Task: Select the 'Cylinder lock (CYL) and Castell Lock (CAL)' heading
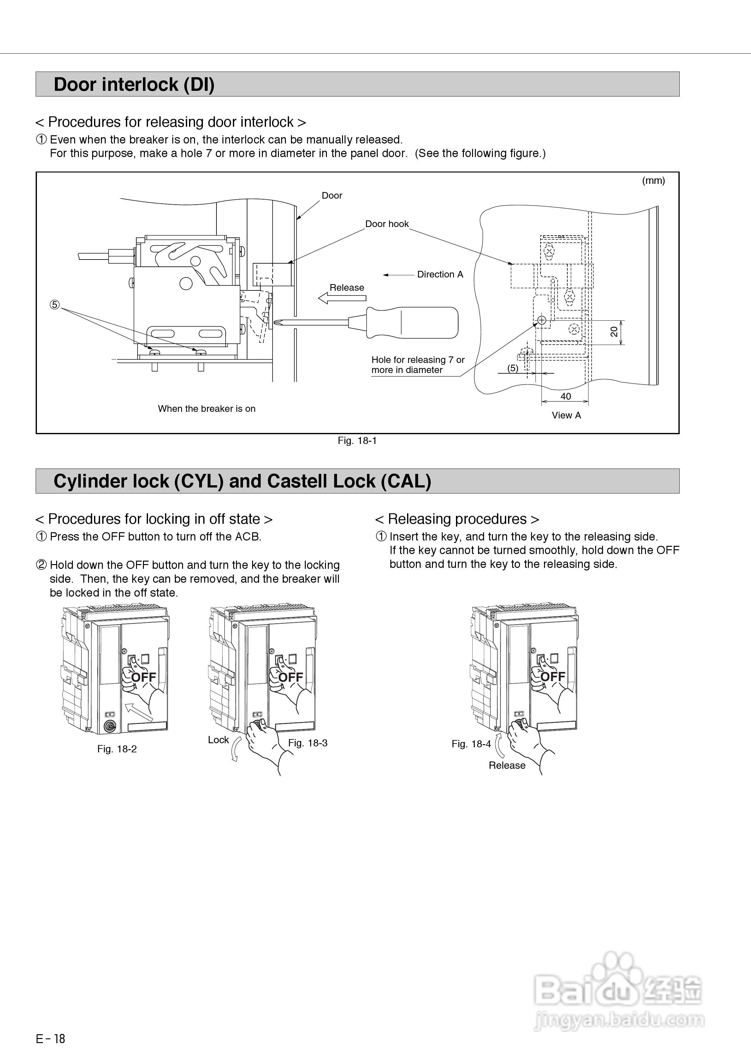[242, 481]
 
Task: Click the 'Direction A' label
[440, 274]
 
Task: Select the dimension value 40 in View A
[565, 396]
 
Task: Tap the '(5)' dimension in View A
[512, 368]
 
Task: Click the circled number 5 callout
[55, 305]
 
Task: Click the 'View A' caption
[566, 415]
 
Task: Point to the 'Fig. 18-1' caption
[357, 441]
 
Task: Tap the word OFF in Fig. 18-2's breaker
[144, 678]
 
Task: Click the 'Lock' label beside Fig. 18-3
[218, 740]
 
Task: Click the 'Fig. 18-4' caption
[471, 744]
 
